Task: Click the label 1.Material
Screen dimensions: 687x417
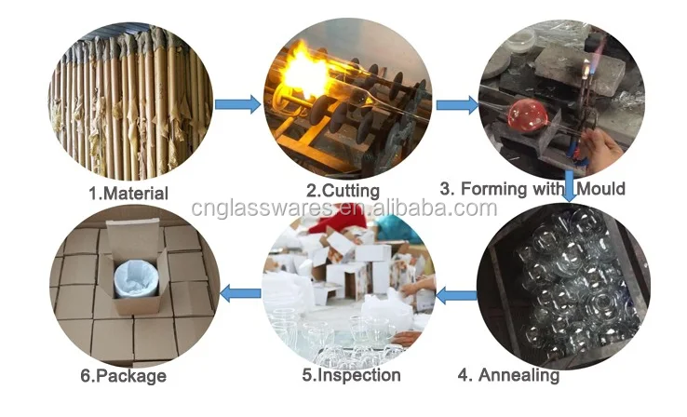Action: tap(128, 194)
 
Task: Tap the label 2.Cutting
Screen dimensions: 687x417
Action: tap(343, 191)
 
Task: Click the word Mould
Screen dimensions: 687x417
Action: tap(600, 189)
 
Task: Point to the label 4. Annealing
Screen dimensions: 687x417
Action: tap(508, 375)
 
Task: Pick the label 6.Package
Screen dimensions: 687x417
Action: tap(124, 376)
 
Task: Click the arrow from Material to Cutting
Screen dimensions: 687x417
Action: tap(238, 104)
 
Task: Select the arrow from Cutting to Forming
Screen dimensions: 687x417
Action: tap(457, 105)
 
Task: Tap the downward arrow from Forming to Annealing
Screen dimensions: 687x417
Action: tap(570, 186)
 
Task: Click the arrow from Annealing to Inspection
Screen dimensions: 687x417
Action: tap(456, 295)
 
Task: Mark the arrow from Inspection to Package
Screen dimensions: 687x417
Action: tap(240, 293)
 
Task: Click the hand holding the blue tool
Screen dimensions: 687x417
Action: tap(604, 148)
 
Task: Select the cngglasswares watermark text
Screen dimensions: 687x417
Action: tap(343, 208)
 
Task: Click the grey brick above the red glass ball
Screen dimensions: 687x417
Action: tap(580, 70)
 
